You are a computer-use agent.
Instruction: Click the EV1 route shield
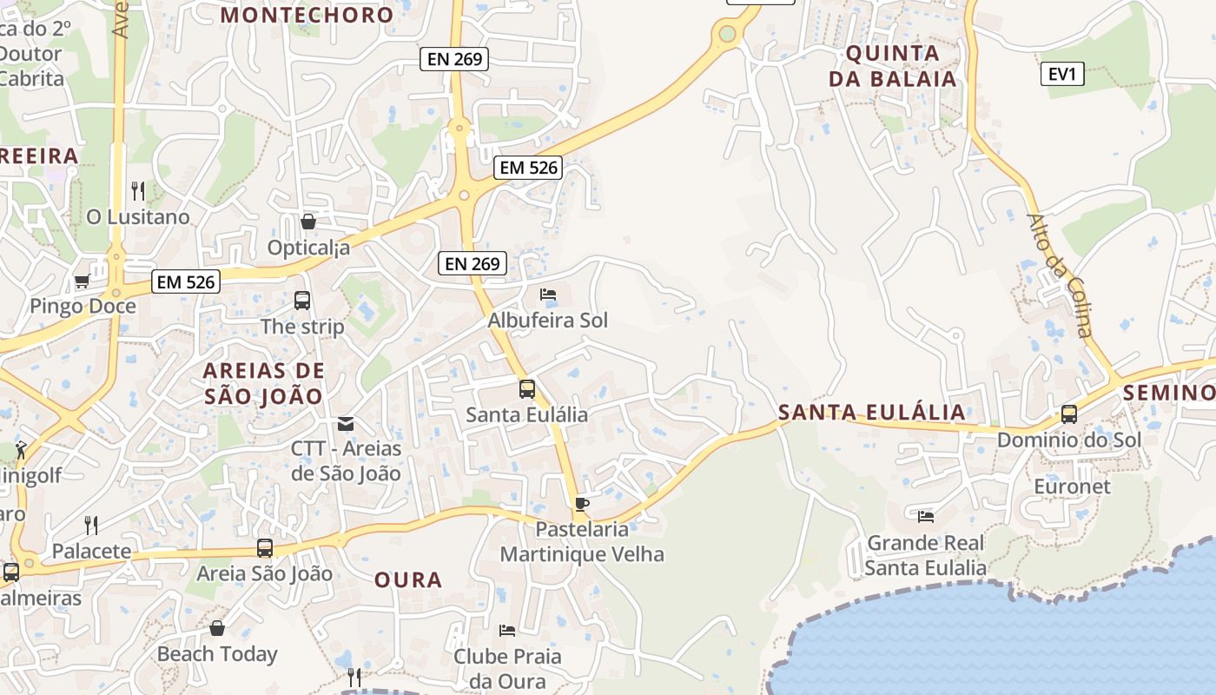[1062, 74]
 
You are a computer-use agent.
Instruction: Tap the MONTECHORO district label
[307, 15]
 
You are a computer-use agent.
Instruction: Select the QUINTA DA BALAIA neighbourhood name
[892, 66]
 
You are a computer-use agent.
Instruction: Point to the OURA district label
[408, 580]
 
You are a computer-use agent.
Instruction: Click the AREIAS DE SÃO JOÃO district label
[263, 383]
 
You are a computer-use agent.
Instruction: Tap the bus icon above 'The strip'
[302, 301]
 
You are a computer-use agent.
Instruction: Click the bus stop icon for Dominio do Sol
[1069, 414]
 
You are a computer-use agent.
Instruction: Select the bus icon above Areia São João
[265, 548]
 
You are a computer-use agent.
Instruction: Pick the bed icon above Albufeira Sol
[548, 295]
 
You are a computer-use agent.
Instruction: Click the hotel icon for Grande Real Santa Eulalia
[926, 516]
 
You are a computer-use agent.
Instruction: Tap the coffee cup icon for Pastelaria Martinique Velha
[581, 504]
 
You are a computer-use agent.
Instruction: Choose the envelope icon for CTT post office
[346, 424]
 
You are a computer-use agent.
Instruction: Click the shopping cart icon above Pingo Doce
[82, 281]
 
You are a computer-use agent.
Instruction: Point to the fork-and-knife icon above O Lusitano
[137, 190]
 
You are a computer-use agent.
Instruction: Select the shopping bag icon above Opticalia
[307, 222]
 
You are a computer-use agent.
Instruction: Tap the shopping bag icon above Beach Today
[217, 627]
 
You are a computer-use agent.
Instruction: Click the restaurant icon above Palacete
[90, 524]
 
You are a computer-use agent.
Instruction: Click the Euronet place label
[1072, 486]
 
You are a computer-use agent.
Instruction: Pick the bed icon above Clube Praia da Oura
[507, 630]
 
